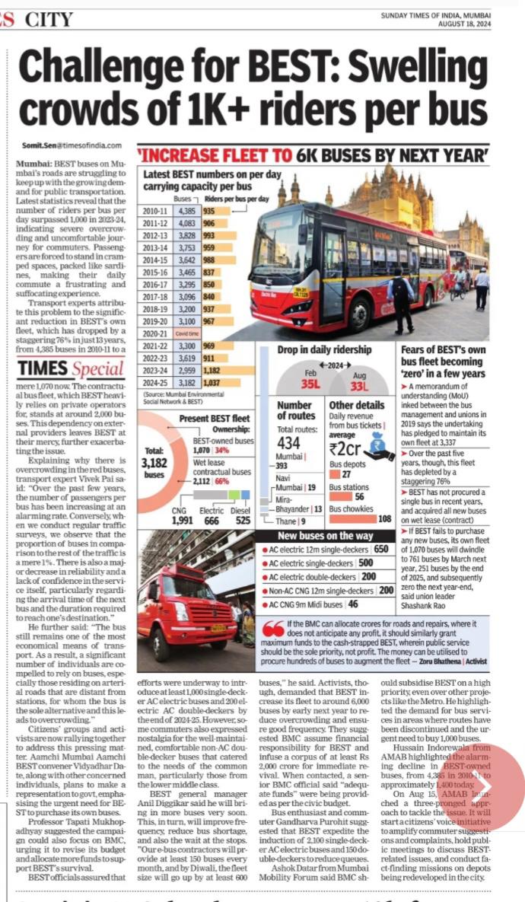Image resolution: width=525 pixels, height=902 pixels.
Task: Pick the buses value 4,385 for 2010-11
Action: point(186,211)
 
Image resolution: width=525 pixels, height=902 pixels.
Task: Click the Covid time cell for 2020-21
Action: point(186,332)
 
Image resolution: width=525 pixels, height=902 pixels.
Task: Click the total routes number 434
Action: point(290,442)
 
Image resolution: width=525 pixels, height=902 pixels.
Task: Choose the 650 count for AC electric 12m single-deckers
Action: point(381,549)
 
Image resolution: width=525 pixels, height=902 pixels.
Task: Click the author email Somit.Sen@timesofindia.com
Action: point(78,145)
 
